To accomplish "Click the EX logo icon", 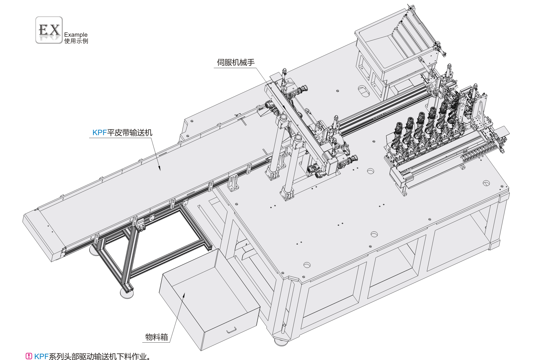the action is tap(49, 30).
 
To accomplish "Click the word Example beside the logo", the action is tap(76, 35).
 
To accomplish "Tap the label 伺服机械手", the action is tap(236, 62).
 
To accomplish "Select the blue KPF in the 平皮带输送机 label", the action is tap(99, 132).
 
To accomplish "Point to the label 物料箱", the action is tap(156, 337).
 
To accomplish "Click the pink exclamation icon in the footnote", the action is tap(29, 356).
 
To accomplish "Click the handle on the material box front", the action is tap(232, 330).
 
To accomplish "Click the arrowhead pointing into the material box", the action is tap(184, 295).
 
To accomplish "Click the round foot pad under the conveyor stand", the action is tap(127, 294).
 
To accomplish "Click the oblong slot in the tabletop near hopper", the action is tap(363, 91).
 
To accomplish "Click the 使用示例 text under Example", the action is tap(76, 41).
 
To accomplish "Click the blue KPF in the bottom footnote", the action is tap(41, 356).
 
